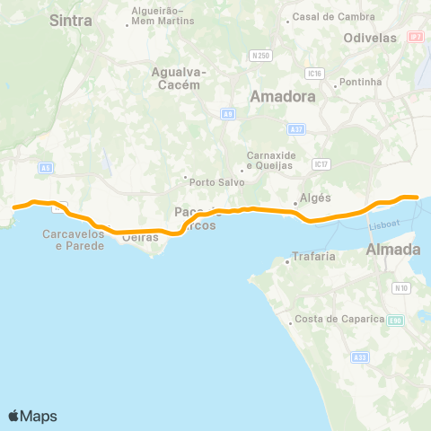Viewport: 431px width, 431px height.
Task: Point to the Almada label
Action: tap(393, 250)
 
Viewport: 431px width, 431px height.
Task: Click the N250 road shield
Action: tap(261, 56)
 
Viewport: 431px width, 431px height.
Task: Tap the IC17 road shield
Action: tap(321, 164)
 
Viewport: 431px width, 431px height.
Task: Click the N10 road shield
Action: tap(401, 288)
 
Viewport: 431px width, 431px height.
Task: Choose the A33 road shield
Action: tap(360, 357)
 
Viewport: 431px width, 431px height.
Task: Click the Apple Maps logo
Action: tap(32, 416)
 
